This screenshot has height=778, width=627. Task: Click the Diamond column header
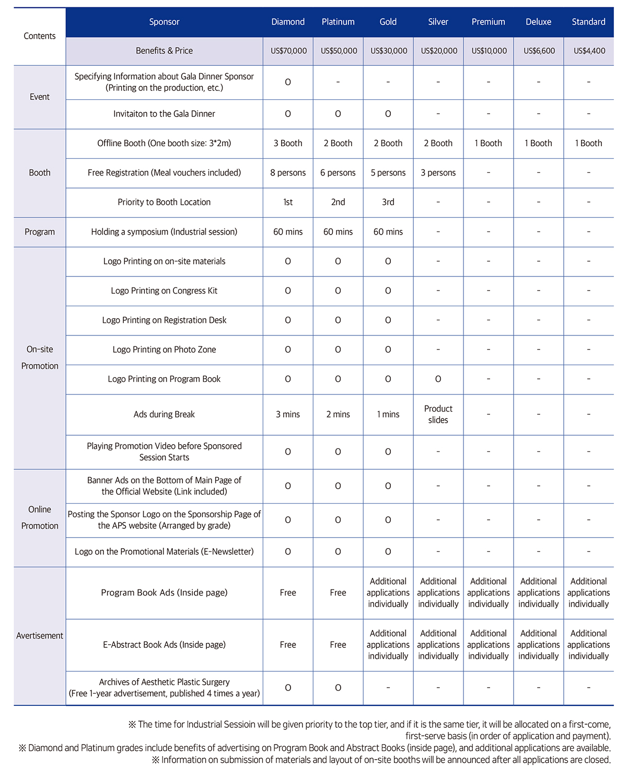click(288, 22)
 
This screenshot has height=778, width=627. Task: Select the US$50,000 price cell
click(339, 51)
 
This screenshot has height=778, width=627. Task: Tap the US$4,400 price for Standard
click(589, 51)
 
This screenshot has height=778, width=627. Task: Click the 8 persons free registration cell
click(288, 173)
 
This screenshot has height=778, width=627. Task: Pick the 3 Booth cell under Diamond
click(288, 143)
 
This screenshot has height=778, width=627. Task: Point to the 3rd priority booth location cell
click(388, 202)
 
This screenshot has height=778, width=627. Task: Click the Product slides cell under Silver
click(438, 414)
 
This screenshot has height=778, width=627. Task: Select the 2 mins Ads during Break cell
click(338, 414)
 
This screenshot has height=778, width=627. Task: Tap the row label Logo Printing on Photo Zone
click(164, 350)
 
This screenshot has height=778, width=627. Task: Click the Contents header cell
click(40, 36)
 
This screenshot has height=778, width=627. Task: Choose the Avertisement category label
click(40, 636)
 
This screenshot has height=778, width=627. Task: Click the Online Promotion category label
click(40, 517)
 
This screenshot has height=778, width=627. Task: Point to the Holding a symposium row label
click(164, 232)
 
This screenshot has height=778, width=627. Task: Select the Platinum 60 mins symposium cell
click(338, 232)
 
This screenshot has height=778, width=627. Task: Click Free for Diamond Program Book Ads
click(288, 593)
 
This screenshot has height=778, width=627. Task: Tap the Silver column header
click(438, 22)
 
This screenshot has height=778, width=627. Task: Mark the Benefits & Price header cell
click(164, 51)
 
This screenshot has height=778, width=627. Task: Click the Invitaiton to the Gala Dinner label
click(164, 114)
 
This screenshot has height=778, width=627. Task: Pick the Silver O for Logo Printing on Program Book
click(438, 379)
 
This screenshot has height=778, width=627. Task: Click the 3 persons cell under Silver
click(438, 173)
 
